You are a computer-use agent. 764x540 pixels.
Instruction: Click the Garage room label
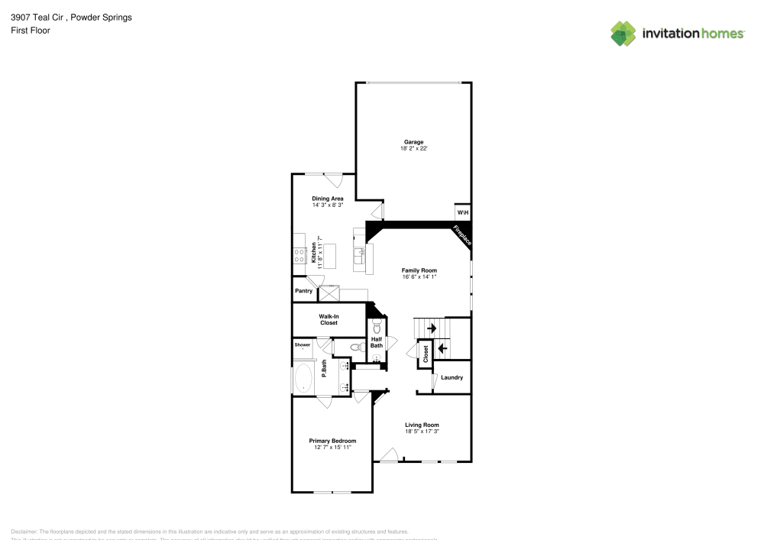413,142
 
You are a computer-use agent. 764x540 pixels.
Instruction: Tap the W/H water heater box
462,212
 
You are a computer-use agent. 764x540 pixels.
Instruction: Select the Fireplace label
462,235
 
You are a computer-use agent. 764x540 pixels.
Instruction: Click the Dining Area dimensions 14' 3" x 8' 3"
328,205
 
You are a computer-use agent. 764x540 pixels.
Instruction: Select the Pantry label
303,291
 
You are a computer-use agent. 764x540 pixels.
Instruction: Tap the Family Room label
419,270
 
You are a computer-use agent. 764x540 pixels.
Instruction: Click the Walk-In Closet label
329,319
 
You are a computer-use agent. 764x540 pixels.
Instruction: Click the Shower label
303,345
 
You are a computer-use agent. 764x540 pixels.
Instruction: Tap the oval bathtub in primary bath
303,377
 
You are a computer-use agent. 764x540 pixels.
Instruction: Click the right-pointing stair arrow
432,328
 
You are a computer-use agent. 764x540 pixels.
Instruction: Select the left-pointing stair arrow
442,348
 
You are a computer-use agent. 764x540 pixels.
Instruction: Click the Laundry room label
452,377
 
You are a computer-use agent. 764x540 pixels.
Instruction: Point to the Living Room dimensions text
422,432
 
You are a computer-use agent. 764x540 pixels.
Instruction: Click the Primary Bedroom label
332,441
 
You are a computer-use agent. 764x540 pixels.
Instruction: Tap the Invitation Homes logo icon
623,33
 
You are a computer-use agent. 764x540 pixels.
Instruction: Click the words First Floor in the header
31,31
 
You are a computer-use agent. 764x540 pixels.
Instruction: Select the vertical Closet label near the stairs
426,354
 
